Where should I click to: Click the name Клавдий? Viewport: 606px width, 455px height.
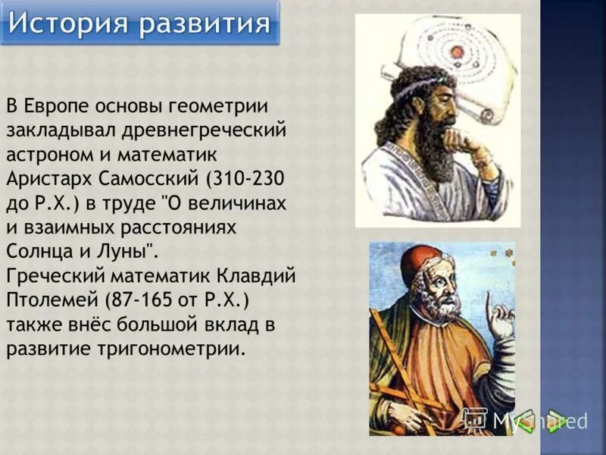coord(255,276)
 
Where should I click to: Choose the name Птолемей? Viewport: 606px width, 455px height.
coord(50,300)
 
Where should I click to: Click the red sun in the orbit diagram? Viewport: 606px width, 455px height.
coord(457,52)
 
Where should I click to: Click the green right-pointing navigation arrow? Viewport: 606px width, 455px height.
coord(557,420)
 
